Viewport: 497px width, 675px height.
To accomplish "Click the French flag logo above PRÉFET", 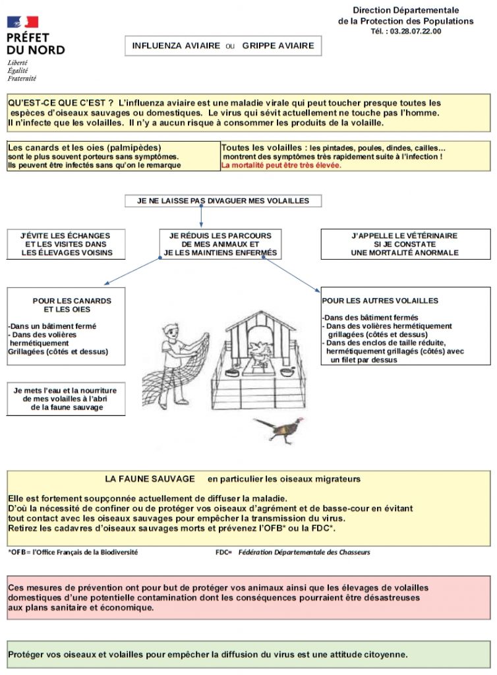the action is coord(23,22).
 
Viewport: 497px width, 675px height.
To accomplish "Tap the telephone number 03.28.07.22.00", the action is coord(415,32).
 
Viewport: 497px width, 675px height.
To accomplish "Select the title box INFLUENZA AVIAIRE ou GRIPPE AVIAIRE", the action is coord(223,45).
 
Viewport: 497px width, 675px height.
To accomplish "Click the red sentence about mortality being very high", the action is coord(281,165).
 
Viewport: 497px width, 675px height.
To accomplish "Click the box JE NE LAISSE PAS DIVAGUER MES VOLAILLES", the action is coord(223,200).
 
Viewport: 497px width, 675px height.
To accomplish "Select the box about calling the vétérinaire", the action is coord(405,244).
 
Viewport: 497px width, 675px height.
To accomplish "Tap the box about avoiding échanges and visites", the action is coord(66,244).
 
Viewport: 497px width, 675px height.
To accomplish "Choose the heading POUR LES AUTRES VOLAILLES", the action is coord(380,301).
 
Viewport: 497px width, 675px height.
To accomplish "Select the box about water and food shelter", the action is coord(66,399).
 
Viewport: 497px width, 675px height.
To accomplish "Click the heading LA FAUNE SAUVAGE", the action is coord(150,479).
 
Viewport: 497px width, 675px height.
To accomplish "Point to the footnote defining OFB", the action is coord(73,552).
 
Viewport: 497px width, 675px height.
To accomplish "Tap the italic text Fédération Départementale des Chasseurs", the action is coord(305,552).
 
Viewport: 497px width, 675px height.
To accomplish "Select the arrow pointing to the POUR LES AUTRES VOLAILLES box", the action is coord(292,276).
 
